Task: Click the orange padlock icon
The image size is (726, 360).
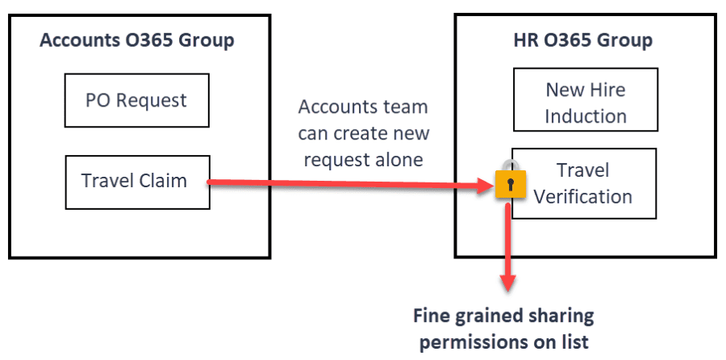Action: pyautogui.click(x=511, y=181)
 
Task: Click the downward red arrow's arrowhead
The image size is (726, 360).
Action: pyautogui.click(x=508, y=283)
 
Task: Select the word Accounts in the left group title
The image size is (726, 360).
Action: pyautogui.click(x=79, y=40)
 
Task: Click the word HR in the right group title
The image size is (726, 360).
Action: pyautogui.click(x=525, y=40)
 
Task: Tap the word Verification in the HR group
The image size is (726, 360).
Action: pyautogui.click(x=583, y=196)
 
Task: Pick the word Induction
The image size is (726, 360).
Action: pyautogui.click(x=586, y=116)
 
